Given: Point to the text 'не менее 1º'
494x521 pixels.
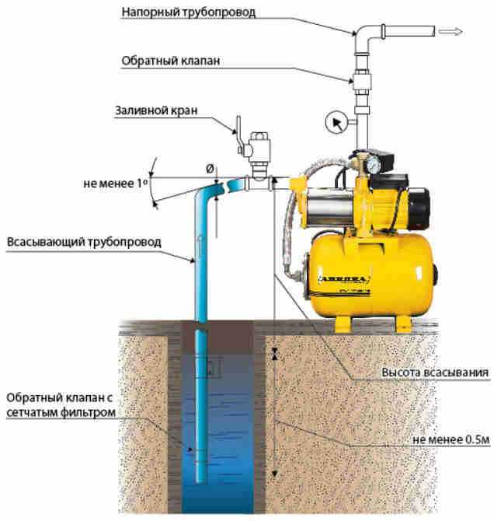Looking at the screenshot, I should (x=111, y=185).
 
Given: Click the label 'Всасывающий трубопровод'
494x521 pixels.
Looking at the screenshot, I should (x=84, y=242).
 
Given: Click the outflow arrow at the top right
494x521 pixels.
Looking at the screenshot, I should (x=451, y=32).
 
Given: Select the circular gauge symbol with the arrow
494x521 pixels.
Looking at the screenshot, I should (x=335, y=123).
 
